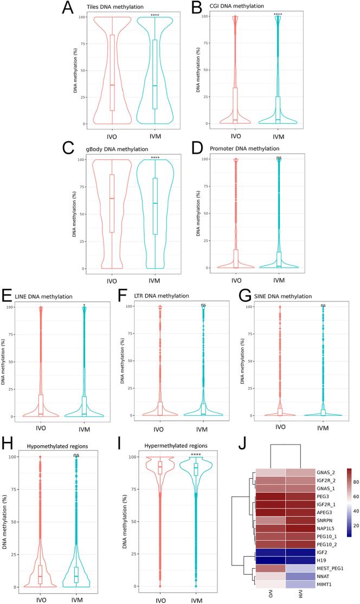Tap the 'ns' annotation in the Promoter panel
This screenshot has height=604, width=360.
pyautogui.click(x=279, y=158)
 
